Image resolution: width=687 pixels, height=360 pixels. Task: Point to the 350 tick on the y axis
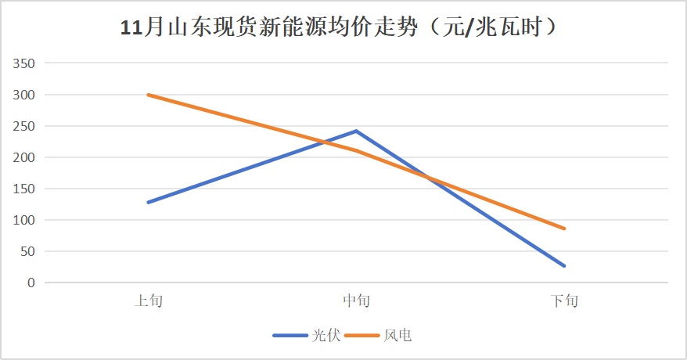25,63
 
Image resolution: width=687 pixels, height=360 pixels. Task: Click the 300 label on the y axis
25,95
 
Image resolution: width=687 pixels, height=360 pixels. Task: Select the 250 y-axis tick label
25,126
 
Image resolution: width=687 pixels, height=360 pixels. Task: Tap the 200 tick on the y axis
25,157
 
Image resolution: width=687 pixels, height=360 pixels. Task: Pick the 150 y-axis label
25,189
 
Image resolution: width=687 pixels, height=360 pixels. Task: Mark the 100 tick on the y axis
25,220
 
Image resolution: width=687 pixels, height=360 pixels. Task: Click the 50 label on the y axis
28,251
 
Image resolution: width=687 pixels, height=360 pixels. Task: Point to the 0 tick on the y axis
31,283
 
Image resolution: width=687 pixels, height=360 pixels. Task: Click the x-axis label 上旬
149,301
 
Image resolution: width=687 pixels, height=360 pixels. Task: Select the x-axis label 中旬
356,301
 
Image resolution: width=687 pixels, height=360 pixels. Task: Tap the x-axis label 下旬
563,301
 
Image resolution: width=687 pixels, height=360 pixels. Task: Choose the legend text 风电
397,336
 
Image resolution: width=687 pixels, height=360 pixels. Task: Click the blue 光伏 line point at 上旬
149,202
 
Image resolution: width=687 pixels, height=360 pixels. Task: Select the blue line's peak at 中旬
356,131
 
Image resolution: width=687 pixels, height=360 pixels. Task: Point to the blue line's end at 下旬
563,266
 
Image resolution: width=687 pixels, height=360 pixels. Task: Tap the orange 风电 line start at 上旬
149,95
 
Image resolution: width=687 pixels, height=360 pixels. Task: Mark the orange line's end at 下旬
563,229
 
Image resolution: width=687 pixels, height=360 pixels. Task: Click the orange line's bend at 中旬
356,150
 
